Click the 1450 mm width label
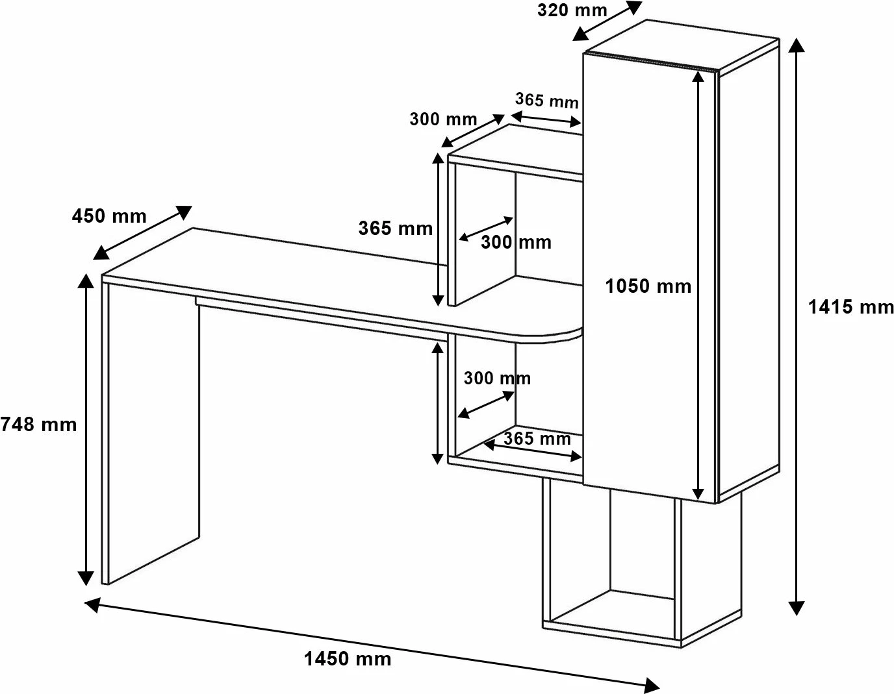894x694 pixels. pos(348,659)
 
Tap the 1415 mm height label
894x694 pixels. pos(850,306)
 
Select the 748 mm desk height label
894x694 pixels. pos(38,425)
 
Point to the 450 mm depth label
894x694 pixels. pos(109,216)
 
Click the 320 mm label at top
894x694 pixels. pos(572,10)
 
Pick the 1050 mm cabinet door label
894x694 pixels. pos(648,286)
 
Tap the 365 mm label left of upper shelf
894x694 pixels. pos(395,228)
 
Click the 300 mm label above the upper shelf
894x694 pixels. pos(443,119)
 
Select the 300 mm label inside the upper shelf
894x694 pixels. pos(516,242)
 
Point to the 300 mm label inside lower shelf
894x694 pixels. pos(497,378)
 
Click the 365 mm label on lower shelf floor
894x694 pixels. pos(537,438)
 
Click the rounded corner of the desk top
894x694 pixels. pos(565,334)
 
